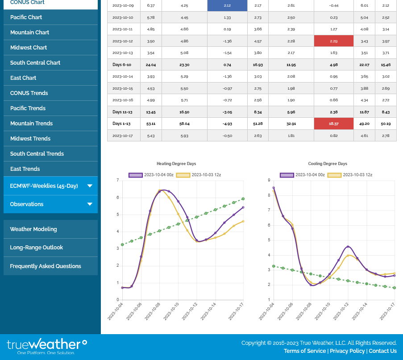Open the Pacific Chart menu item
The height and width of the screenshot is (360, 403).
click(26, 17)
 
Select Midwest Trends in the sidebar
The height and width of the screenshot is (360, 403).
click(30, 139)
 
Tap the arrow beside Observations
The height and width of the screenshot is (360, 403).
click(90, 204)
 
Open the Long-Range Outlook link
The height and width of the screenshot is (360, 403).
click(37, 248)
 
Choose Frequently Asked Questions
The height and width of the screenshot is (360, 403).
click(46, 266)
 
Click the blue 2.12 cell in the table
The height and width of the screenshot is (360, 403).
click(227, 6)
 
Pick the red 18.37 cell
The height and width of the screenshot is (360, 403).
click(333, 124)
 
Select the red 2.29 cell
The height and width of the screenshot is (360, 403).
click(333, 41)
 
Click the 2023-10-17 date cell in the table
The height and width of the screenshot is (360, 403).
click(123, 136)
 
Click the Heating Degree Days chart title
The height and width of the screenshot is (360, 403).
click(176, 164)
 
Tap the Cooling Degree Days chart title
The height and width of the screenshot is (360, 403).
click(328, 164)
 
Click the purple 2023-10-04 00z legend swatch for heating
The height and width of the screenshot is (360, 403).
click(135, 175)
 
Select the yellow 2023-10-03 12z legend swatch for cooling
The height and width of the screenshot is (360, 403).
click(334, 175)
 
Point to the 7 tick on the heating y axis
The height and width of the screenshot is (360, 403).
click(118, 181)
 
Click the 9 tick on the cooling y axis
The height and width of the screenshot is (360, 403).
click(269, 181)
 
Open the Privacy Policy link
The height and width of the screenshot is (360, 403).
click(347, 351)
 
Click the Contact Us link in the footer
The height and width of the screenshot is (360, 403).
click(382, 351)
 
